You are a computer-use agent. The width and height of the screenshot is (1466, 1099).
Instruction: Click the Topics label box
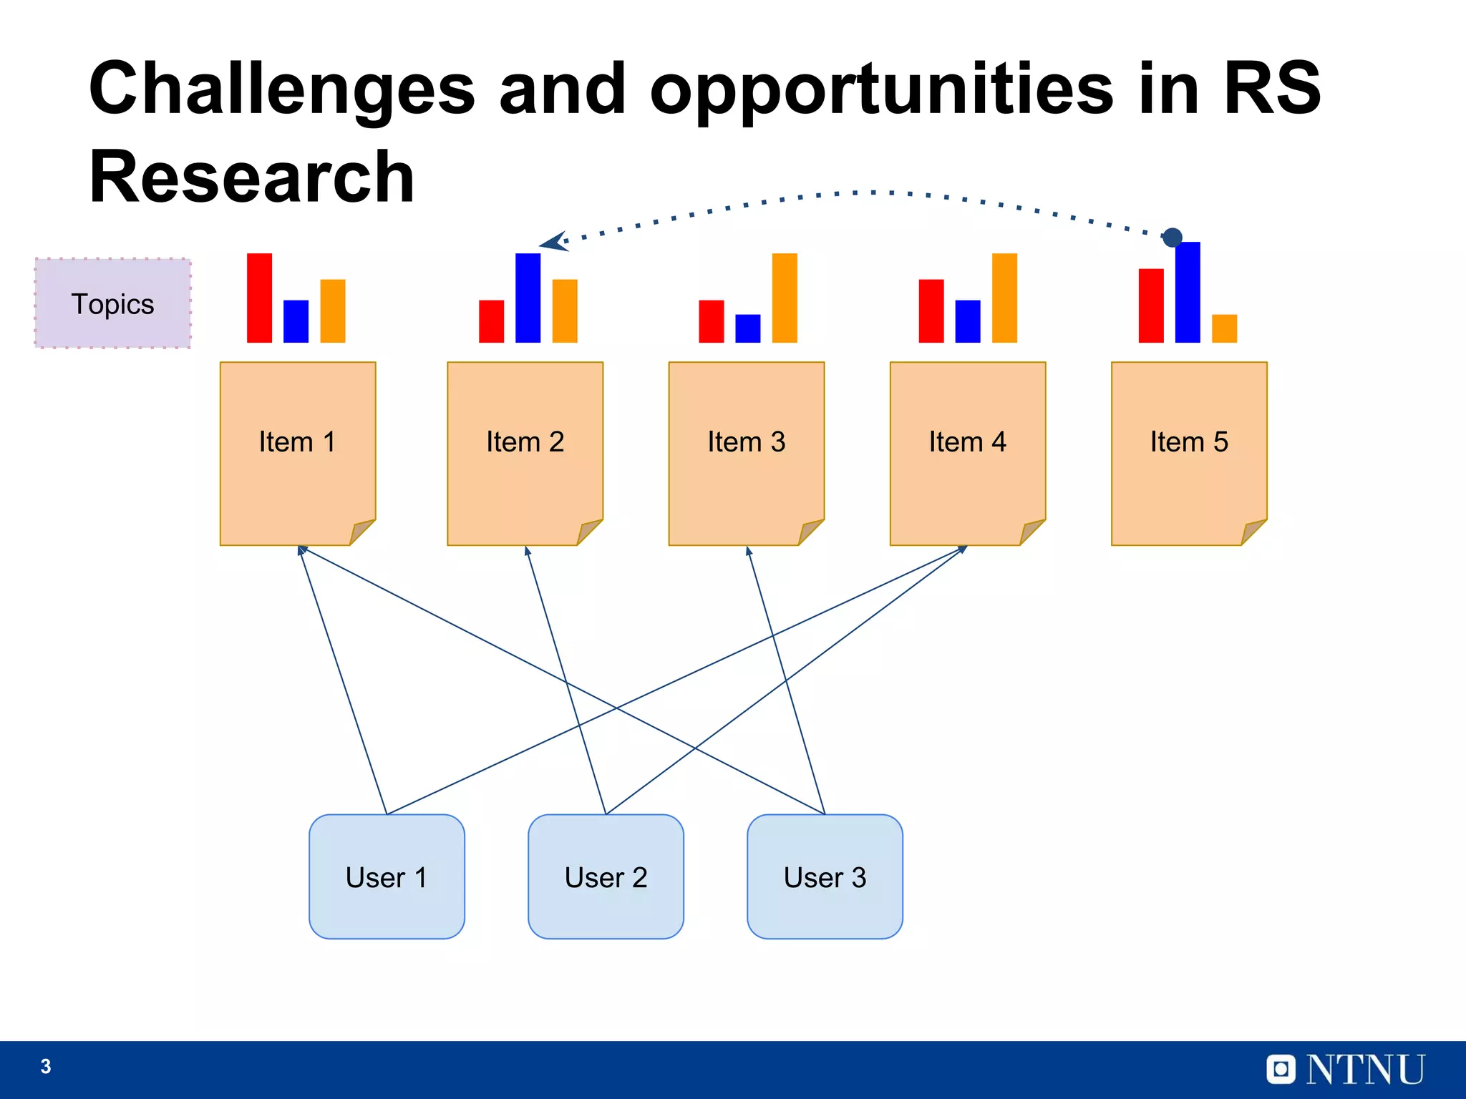113,304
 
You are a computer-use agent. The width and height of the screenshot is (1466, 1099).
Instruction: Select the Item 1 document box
297,452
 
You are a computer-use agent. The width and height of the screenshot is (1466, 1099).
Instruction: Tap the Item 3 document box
746,452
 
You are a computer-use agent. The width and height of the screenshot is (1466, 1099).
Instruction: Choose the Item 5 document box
1188,452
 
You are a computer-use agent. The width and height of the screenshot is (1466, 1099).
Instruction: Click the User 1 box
387,876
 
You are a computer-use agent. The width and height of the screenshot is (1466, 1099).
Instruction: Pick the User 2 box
606,876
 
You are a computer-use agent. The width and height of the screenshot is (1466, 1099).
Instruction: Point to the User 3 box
825,876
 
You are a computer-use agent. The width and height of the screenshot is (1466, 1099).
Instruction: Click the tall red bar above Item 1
259,298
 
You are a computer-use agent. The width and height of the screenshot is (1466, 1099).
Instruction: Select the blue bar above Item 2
528,298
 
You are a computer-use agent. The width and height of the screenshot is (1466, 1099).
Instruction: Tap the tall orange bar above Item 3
785,298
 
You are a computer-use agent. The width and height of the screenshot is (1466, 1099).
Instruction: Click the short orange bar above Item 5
1224,328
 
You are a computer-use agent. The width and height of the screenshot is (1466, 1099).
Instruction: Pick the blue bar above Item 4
967,321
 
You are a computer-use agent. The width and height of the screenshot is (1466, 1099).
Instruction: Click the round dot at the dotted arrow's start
1172,237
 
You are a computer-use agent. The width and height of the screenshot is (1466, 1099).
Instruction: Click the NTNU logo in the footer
1346,1070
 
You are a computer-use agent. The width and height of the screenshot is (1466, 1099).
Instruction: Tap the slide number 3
46,1067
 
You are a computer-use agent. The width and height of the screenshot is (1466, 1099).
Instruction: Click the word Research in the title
251,177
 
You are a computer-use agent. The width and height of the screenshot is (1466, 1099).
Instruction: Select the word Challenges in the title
282,89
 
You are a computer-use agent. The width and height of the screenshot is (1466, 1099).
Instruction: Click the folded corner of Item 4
1031,532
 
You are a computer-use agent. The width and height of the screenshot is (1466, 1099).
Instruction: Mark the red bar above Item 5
1151,306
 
